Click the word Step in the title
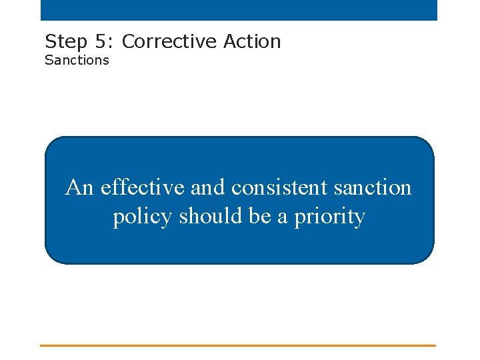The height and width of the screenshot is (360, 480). coord(65,42)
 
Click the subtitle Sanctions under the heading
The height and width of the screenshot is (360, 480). coord(77,60)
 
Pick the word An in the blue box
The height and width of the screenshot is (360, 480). coord(79,188)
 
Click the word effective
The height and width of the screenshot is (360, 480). coord(143,188)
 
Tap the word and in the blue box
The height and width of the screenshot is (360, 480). coord(209,188)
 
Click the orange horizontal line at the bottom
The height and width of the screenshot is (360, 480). coord(238,345)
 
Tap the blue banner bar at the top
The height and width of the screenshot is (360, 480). coord(239,10)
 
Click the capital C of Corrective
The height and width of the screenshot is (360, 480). coord(129,41)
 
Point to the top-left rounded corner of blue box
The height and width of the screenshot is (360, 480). coord(51,143)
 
